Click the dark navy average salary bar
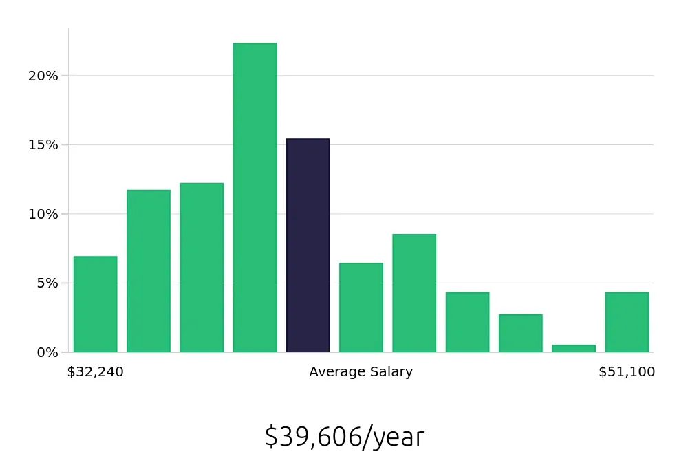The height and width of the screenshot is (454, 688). (308, 246)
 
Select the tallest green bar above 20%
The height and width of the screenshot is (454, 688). (255, 198)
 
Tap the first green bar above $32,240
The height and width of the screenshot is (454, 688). (95, 304)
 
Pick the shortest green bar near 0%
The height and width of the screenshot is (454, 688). (573, 348)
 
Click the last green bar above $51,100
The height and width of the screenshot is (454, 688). (627, 322)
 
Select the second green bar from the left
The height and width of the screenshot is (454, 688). (148, 271)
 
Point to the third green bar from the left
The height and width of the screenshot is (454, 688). (202, 268)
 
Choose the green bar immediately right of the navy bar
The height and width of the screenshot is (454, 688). (361, 307)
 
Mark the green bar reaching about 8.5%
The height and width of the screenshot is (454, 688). (414, 293)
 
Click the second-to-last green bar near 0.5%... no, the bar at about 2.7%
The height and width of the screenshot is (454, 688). (520, 333)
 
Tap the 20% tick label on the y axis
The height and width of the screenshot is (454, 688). (43, 76)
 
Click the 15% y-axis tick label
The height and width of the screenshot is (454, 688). (43, 145)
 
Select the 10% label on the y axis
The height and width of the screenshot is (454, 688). (43, 214)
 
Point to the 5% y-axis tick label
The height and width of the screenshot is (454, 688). (46, 283)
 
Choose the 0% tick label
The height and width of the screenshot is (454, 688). (46, 352)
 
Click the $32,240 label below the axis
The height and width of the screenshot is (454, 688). (95, 372)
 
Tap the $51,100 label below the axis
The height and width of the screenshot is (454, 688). (627, 372)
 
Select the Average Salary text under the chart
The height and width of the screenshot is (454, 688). (361, 372)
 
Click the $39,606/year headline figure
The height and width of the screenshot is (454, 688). (344, 437)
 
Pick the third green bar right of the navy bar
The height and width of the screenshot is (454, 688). (467, 322)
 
